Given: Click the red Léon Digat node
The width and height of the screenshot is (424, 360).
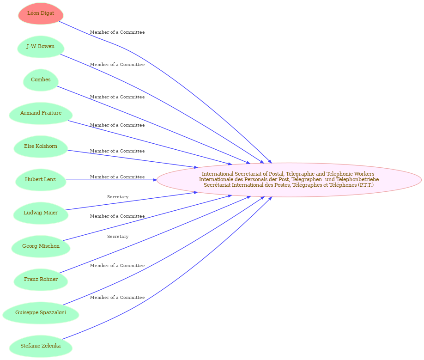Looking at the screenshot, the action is [x=41, y=13].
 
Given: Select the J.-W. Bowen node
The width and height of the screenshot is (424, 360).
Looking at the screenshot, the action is [x=41, y=47].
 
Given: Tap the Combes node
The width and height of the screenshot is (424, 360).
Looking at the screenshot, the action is [x=41, y=80].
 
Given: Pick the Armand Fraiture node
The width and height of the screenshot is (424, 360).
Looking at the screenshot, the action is [x=41, y=113].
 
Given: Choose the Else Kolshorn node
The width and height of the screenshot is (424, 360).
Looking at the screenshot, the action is [x=41, y=146].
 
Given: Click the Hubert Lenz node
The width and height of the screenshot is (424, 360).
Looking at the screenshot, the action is [x=41, y=180].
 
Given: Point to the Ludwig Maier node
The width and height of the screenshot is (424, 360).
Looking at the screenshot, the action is [x=41, y=213].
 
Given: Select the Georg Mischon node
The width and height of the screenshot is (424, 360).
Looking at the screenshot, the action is [x=41, y=246].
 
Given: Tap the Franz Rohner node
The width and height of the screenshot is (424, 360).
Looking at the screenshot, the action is [x=41, y=280].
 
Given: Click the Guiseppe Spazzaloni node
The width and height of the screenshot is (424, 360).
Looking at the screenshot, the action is [x=41, y=313].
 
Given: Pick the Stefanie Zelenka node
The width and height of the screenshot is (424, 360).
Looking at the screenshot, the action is [x=41, y=346].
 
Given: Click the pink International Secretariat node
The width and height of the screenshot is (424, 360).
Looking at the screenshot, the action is [x=289, y=180].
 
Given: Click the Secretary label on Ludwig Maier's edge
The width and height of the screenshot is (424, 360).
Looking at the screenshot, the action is [x=118, y=197].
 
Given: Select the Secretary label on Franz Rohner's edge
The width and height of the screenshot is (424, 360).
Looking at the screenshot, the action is [x=118, y=237].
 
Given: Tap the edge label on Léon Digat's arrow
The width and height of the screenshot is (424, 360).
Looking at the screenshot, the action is [x=117, y=32].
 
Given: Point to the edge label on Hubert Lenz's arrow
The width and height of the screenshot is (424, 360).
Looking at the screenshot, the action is [x=117, y=177].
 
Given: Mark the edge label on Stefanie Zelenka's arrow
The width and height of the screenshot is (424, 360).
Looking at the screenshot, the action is [x=117, y=298].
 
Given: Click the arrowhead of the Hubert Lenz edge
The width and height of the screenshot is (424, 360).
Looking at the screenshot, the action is [x=155, y=180].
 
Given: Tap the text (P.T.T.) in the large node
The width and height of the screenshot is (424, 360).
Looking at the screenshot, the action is [x=366, y=185].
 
